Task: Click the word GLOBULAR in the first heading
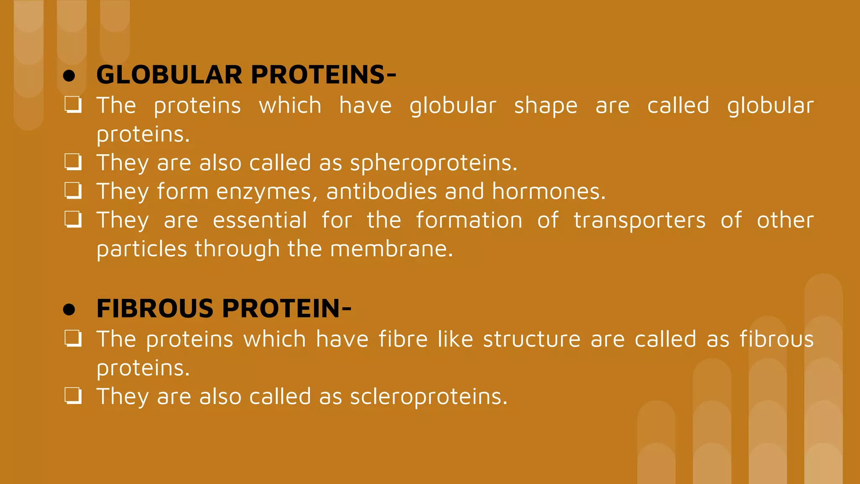coord(169,75)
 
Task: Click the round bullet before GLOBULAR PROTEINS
coord(69,76)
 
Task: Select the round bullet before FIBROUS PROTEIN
coord(69,310)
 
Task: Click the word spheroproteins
coord(433,163)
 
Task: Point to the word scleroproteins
coord(428,397)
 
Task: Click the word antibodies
coord(381,192)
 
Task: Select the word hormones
coord(548,192)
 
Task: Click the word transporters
coord(640,221)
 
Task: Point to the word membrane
coord(391,249)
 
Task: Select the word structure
coord(532,339)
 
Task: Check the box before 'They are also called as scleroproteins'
coord(73,396)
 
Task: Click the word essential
coord(260,221)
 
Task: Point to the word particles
coord(142,249)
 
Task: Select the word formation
coord(469,221)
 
